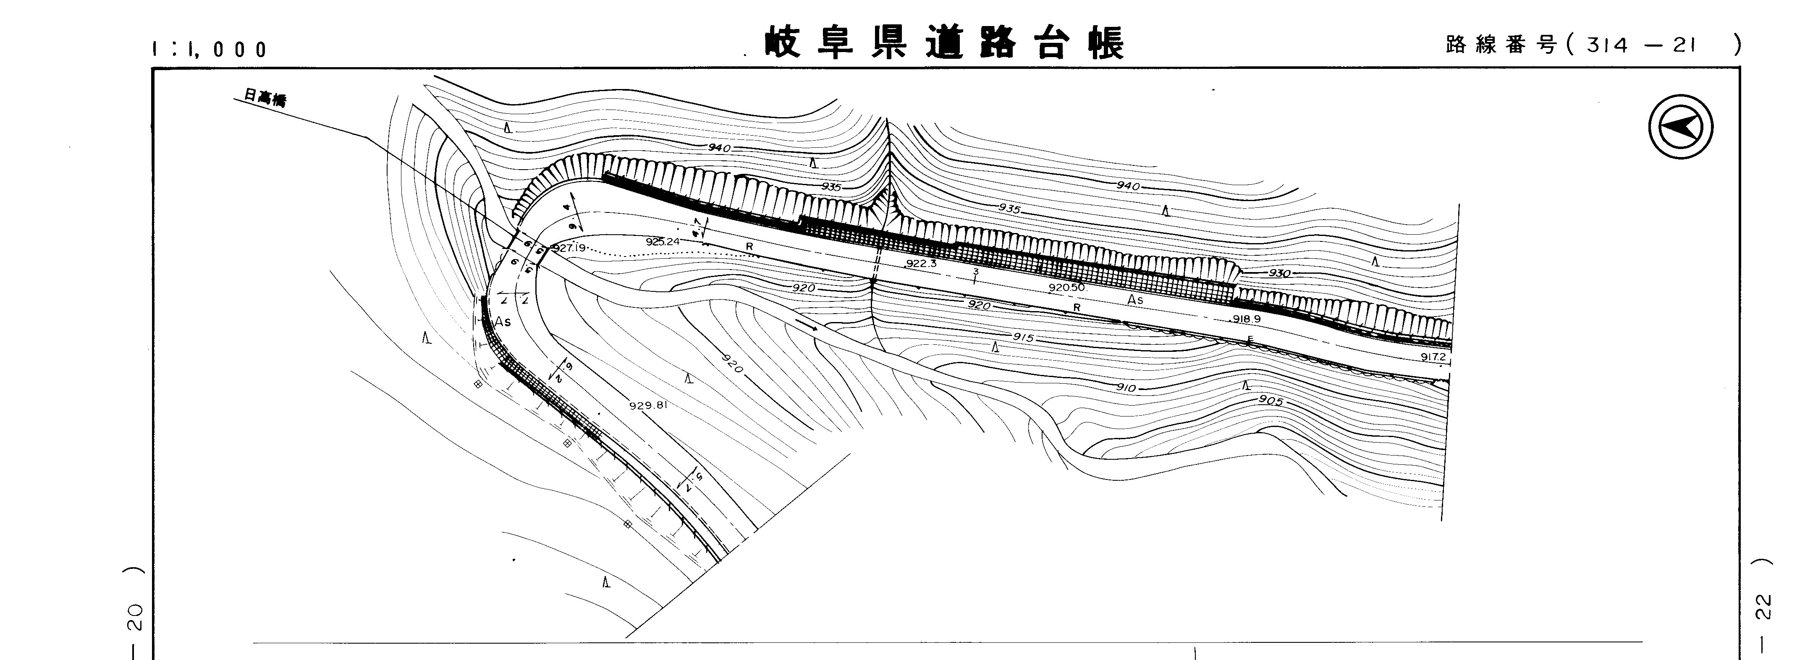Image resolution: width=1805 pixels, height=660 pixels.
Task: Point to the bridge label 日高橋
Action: pos(265,99)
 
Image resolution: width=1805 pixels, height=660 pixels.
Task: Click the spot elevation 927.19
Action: pos(568,248)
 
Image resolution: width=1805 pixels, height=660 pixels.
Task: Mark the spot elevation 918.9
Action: pos(1247,319)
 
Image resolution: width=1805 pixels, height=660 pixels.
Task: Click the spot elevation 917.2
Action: pos(1433,356)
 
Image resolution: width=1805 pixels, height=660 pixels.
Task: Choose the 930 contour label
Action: pos(1279,273)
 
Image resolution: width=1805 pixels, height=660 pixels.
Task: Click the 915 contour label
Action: pos(1023,338)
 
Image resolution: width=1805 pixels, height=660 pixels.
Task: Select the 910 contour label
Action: pos(1125,388)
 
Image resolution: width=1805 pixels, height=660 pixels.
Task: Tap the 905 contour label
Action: pos(1271,401)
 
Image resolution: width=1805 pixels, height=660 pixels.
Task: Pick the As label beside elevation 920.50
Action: pos(1135,300)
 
